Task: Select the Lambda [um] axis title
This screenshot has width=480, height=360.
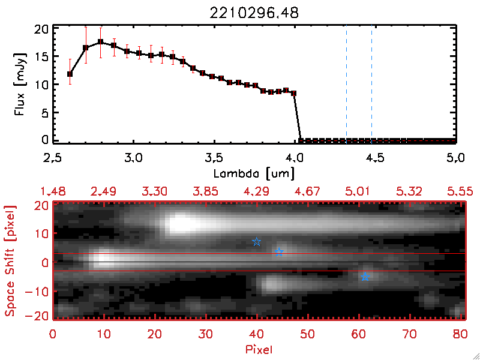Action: tap(254, 173)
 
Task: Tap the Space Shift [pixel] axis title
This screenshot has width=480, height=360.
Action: tap(10, 260)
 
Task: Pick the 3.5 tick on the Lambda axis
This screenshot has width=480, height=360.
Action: tap(214, 158)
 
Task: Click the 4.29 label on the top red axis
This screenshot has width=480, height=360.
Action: tap(256, 191)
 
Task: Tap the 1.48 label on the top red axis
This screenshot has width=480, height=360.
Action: tap(52, 191)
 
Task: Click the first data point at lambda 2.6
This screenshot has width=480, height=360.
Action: tap(70, 74)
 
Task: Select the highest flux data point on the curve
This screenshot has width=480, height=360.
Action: tap(101, 42)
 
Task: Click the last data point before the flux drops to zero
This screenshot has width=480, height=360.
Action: tap(293, 93)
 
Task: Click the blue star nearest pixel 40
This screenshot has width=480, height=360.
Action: tap(257, 242)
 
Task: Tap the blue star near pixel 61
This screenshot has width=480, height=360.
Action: tap(365, 277)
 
